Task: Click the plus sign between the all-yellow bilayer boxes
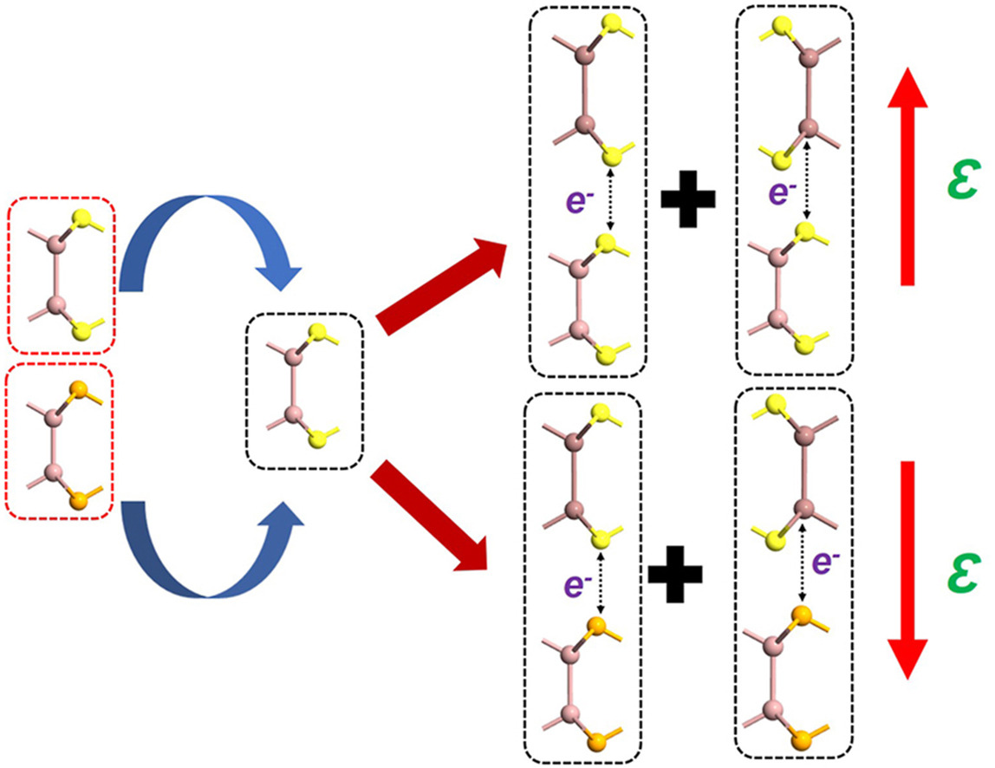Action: click(688, 199)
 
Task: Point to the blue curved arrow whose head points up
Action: click(208, 546)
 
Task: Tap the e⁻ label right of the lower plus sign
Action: click(827, 566)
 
